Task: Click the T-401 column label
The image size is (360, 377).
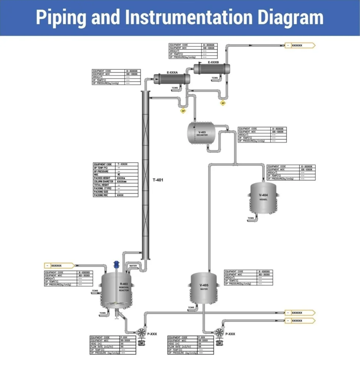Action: click(x=158, y=180)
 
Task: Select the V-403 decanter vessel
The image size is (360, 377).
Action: click(x=202, y=133)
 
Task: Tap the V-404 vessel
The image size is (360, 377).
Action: click(x=263, y=198)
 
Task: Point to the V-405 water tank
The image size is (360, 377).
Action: click(x=204, y=287)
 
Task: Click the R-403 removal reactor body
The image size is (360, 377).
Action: click(x=116, y=288)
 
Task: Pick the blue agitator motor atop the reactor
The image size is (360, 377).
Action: click(x=116, y=264)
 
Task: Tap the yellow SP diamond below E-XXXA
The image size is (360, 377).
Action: click(x=183, y=110)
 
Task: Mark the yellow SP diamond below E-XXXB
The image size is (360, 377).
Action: click(x=223, y=103)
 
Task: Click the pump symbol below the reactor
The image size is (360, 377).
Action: click(x=141, y=332)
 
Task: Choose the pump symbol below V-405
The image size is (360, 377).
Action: click(x=219, y=332)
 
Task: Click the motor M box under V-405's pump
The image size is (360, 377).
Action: click(x=220, y=343)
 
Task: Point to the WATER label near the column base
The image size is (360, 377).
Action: click(x=133, y=266)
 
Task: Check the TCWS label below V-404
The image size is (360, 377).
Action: click(x=251, y=218)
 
